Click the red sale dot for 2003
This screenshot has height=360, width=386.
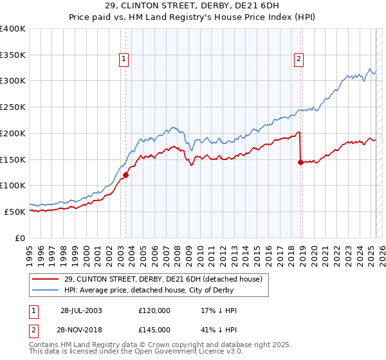[126, 174]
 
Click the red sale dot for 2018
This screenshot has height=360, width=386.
[300, 162]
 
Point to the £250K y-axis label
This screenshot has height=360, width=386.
[12, 107]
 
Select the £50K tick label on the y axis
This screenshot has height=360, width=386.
[15, 212]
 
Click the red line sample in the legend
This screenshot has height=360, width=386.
[46, 280]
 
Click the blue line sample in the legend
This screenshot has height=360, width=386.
[46, 291]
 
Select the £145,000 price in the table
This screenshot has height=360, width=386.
[154, 330]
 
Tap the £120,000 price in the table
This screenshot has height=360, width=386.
[154, 310]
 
